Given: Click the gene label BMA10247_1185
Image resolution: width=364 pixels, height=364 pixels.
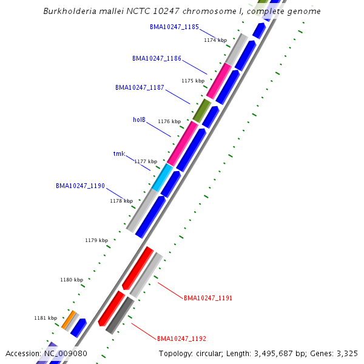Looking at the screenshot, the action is [174, 27].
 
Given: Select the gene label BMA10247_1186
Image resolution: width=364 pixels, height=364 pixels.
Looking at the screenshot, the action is [157, 58].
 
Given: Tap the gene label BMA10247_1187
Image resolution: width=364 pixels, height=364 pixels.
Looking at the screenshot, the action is [140, 87].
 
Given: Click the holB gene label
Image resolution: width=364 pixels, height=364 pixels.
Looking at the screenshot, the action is [139, 120].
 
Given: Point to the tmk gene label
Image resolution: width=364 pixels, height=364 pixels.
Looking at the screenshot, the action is [119, 153].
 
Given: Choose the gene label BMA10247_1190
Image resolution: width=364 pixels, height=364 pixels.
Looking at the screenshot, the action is [80, 186].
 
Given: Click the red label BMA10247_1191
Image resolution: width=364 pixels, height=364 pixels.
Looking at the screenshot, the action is [208, 298].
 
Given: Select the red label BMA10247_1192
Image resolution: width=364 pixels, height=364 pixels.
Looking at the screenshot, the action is [181, 338].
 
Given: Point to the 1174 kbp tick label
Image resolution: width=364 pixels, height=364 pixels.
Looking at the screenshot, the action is [215, 40].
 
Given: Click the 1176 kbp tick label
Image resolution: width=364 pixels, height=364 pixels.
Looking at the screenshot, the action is [169, 121].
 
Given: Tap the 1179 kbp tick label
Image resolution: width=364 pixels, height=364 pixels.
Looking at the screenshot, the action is [96, 240].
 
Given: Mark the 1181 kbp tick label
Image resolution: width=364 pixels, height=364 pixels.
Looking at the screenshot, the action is [45, 318].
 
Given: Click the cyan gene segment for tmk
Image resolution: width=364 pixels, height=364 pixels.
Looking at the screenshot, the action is [162, 178].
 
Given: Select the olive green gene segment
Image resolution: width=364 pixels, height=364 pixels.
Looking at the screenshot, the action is [201, 111].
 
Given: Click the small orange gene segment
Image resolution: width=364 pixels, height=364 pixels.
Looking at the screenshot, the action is [69, 318].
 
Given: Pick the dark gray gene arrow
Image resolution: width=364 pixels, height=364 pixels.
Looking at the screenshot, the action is [119, 315].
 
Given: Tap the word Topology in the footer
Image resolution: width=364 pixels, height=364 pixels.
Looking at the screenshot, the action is [175, 353].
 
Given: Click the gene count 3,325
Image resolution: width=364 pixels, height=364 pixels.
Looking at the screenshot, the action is [345, 353].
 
